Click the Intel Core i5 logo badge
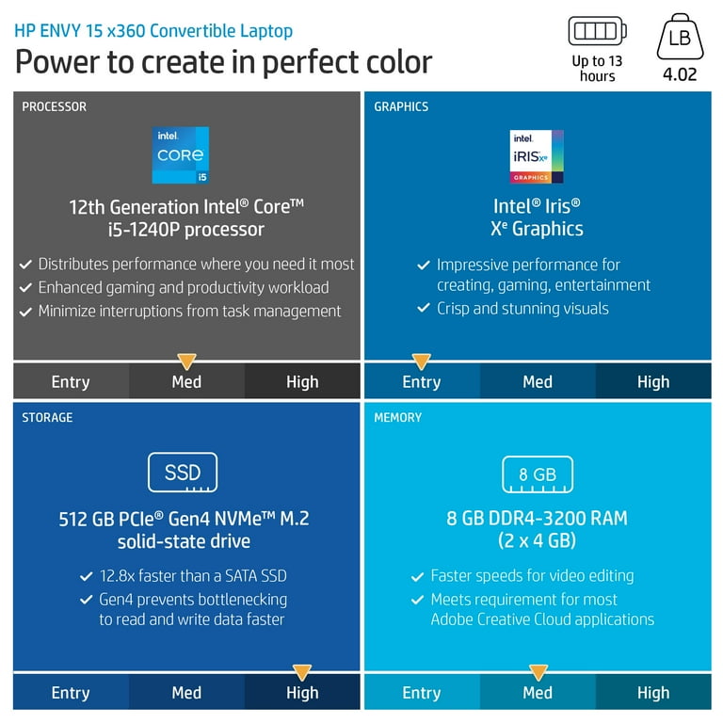[x=181, y=155]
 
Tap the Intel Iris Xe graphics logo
[x=537, y=156]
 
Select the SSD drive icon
[x=183, y=473]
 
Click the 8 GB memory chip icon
[x=538, y=474]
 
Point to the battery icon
[x=597, y=31]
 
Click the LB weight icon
[x=680, y=37]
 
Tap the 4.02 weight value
[x=680, y=73]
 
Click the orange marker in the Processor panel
[x=186, y=361]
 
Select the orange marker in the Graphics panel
[x=422, y=361]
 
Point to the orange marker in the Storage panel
[x=302, y=672]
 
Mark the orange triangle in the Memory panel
[x=538, y=672]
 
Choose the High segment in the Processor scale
[x=302, y=381]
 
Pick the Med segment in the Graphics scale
[x=538, y=381]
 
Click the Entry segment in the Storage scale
[x=71, y=693]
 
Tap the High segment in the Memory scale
[x=653, y=693]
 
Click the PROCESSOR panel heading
[x=54, y=106]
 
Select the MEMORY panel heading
[x=398, y=417]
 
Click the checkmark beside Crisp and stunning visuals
[x=424, y=309]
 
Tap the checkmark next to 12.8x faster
[x=87, y=576]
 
